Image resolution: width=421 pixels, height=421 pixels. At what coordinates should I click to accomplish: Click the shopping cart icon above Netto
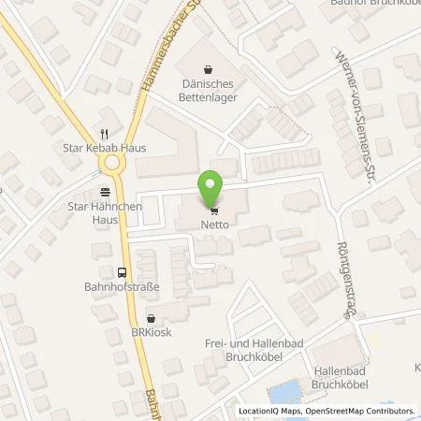pyautogui.click(x=214, y=211)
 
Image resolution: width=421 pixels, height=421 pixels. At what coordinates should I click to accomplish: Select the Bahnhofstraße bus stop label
pyautogui.click(x=120, y=288)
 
